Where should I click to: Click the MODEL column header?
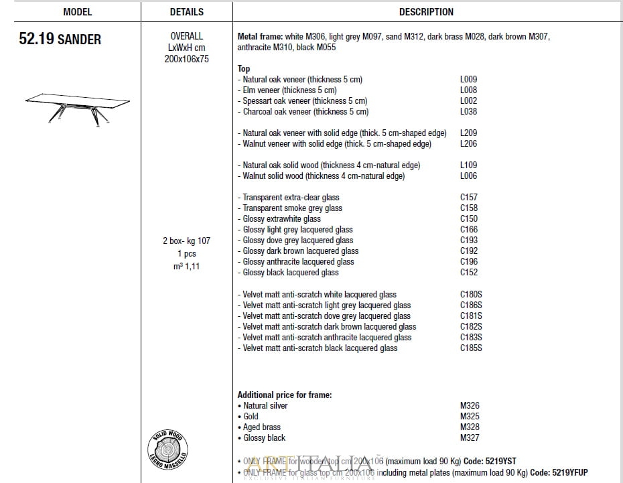77,12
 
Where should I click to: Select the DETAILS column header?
186,12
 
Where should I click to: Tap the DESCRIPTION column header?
426,12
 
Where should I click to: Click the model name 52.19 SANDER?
60,39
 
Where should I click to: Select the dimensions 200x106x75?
186,59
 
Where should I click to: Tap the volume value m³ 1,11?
186,266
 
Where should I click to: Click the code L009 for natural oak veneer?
468,79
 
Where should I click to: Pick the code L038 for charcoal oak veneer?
468,111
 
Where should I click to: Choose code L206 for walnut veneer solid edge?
468,143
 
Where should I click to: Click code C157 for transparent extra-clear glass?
468,197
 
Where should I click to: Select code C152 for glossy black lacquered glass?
468,272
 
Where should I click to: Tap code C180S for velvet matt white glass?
471,294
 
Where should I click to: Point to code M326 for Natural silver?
470,405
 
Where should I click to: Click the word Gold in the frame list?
251,416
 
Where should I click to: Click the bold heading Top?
244,68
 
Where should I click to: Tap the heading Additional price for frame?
285,395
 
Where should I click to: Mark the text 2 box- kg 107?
186,240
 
